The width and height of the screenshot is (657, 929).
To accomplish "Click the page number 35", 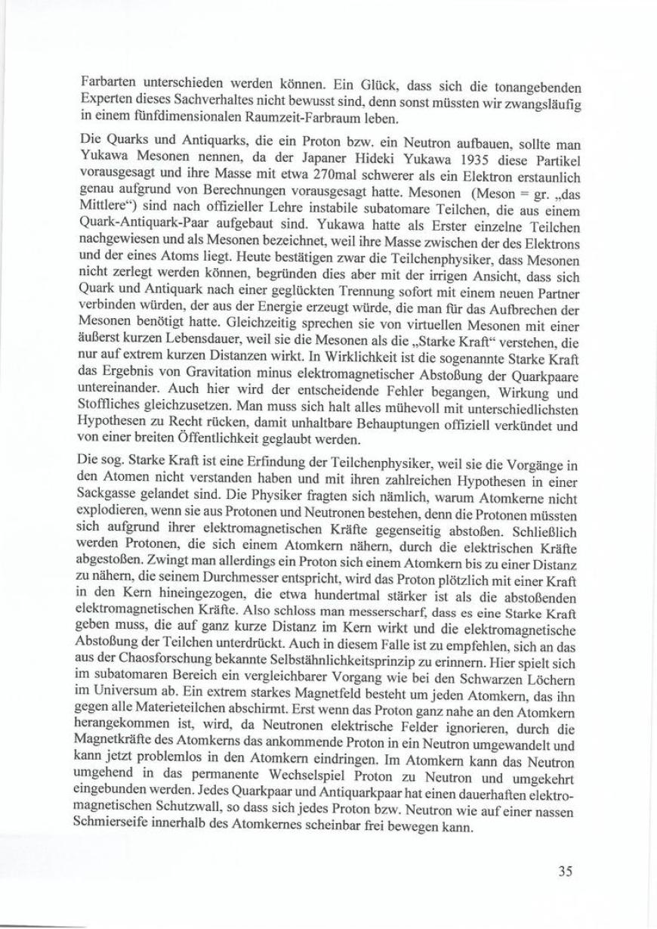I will click(565, 870).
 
